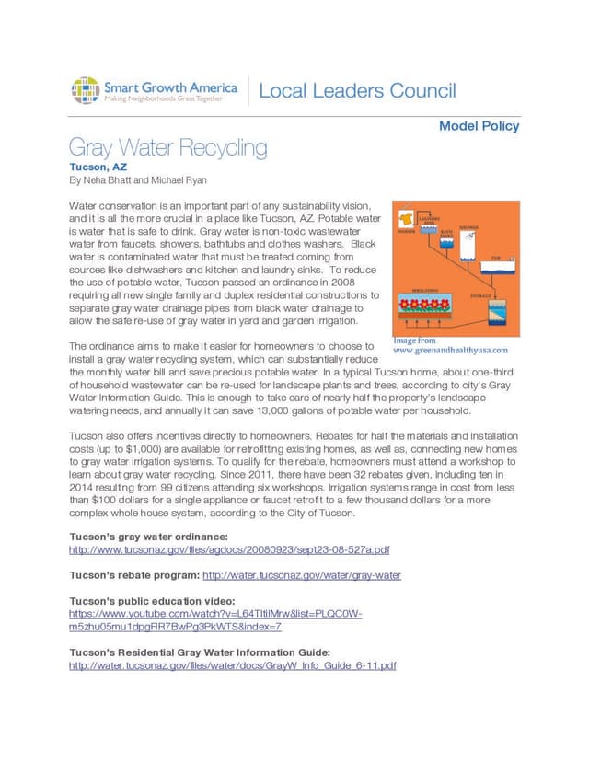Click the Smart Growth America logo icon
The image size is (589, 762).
tap(86, 90)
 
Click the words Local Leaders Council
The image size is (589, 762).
tap(357, 90)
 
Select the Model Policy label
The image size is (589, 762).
tap(479, 126)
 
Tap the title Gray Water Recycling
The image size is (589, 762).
tap(168, 148)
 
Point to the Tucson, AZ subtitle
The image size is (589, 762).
tap(98, 167)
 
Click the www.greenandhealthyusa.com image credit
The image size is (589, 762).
tap(450, 350)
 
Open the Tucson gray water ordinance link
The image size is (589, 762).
tap(230, 549)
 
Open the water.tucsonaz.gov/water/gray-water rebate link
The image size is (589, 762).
tap(302, 575)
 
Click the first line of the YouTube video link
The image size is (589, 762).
tap(215, 613)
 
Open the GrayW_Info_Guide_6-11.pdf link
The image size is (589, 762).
tap(232, 665)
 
